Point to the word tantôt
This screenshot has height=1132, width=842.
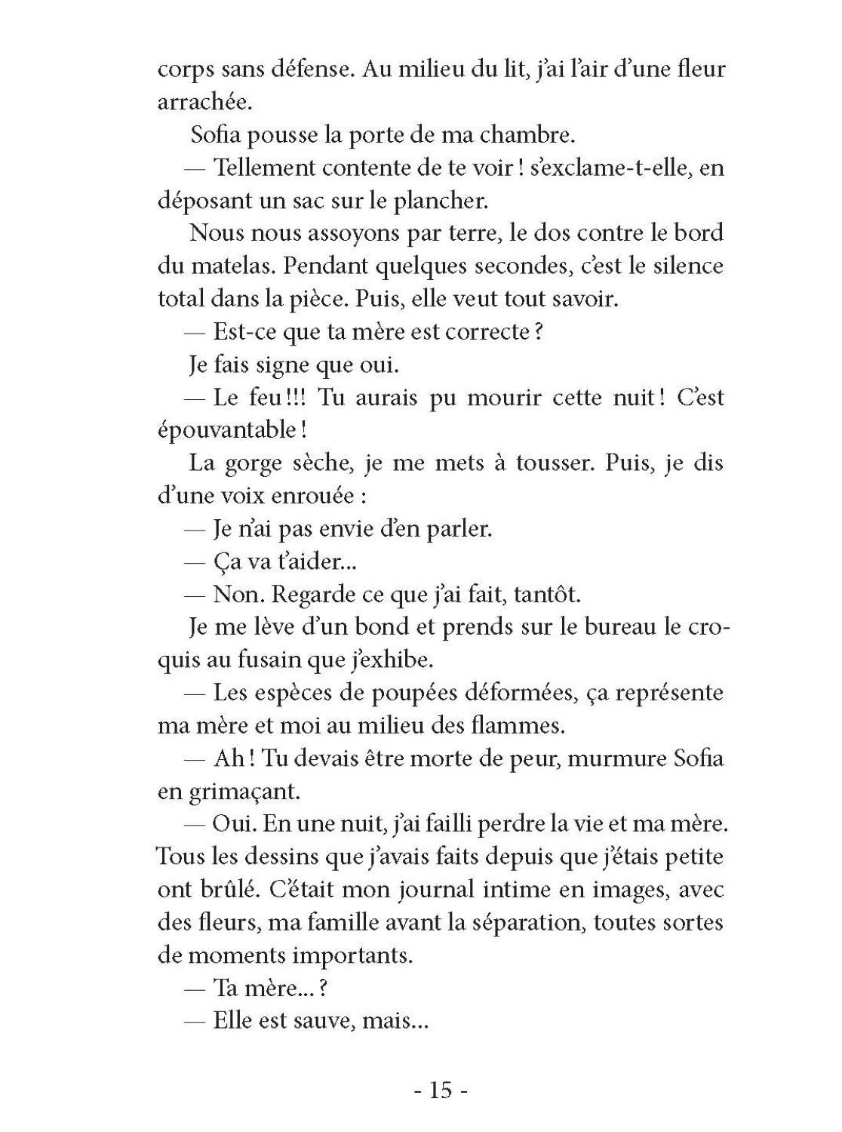pyautogui.click(x=546, y=594)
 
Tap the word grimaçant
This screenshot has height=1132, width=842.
pyautogui.click(x=240, y=792)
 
